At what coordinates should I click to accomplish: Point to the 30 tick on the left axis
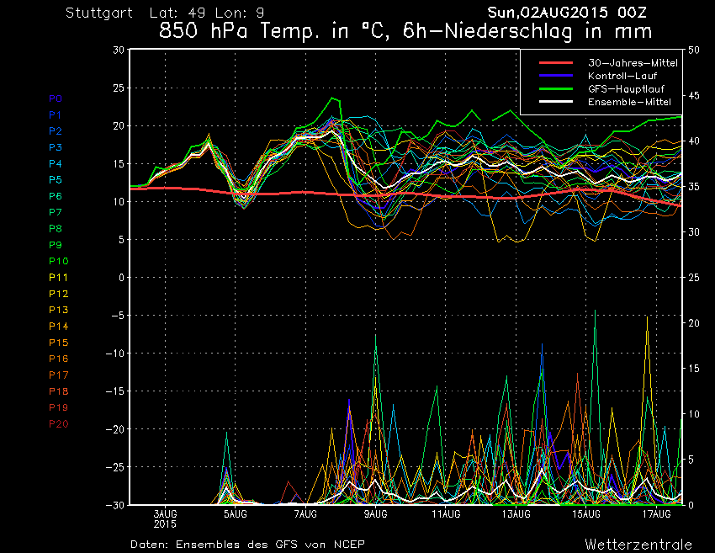coord(118,50)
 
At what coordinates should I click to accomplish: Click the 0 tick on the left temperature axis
coord(121,278)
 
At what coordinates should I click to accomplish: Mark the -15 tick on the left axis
coord(115,391)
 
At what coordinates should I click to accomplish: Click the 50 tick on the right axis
coord(694,50)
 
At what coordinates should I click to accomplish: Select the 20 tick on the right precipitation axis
coord(694,323)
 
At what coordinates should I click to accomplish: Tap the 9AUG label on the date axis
coord(376,513)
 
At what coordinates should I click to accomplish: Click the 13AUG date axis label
coord(516,513)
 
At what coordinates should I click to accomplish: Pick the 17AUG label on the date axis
coord(657,513)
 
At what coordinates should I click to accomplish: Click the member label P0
coord(55,98)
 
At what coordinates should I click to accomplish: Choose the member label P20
coord(58,423)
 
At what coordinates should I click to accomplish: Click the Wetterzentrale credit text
coord(638,544)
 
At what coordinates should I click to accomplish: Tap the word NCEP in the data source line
coord(348,544)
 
